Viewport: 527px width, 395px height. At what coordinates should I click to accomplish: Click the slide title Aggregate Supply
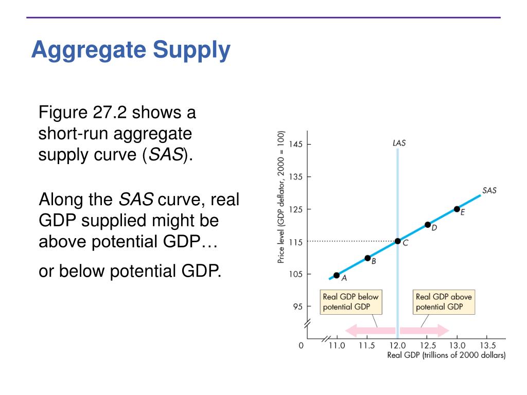[x=131, y=51]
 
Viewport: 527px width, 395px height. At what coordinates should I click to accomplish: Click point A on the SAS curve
[x=337, y=275]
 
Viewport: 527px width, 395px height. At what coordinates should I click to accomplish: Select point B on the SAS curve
[x=367, y=258]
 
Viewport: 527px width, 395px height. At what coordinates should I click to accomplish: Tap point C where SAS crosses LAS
[x=397, y=241]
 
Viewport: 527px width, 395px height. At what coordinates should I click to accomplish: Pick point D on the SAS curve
[x=428, y=225]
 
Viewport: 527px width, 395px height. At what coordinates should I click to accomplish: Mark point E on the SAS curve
[x=457, y=209]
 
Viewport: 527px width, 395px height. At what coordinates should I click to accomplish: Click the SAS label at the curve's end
[x=489, y=190]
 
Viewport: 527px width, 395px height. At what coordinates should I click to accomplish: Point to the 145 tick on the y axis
[x=295, y=144]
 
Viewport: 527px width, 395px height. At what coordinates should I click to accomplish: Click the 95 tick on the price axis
[x=297, y=307]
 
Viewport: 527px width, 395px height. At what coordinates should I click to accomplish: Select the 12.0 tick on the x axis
[x=397, y=345]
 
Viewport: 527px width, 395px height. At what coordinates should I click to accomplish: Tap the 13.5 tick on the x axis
[x=487, y=345]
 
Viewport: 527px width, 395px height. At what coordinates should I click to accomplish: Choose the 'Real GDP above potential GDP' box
[x=444, y=302]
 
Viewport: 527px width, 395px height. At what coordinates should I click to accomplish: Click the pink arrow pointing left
[x=369, y=331]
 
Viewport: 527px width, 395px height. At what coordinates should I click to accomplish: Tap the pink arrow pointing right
[x=425, y=331]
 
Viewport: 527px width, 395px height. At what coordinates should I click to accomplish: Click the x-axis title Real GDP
[x=446, y=355]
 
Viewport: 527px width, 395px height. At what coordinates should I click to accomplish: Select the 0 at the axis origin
[x=301, y=346]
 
